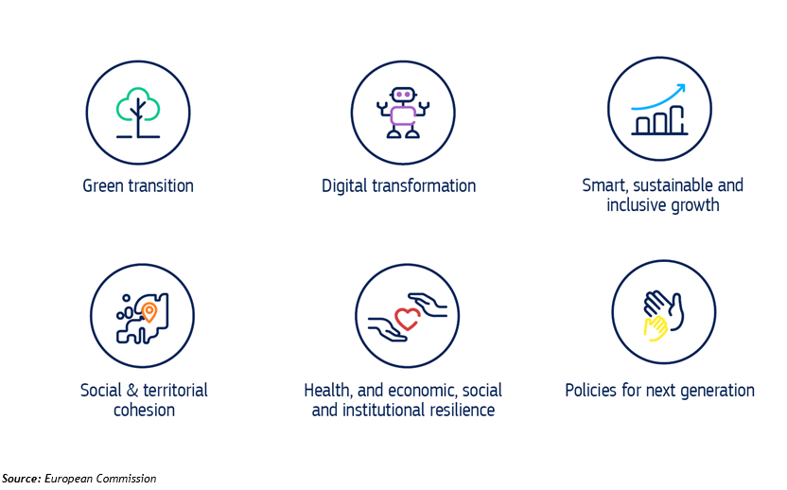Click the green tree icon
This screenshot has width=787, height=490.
[x=138, y=113]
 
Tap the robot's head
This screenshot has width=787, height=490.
[x=403, y=95]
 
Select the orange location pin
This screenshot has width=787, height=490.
[x=149, y=312]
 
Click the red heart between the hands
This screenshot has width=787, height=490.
[x=407, y=318]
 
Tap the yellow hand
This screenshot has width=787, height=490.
[x=656, y=328]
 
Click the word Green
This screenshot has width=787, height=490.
[x=103, y=185]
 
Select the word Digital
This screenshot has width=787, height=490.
[x=343, y=186]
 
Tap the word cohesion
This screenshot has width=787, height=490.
[x=144, y=411]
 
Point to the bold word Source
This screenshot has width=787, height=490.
[x=22, y=479]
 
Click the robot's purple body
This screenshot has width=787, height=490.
[x=403, y=116]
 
